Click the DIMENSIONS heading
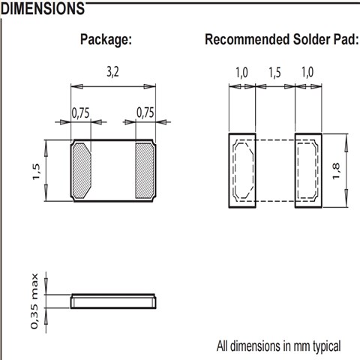43,8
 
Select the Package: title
106,40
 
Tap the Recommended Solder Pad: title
282,40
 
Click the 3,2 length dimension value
113,73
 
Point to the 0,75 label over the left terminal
80,113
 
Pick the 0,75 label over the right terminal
145,112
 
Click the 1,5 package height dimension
36,172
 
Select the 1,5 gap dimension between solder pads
274,73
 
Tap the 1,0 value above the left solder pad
241,73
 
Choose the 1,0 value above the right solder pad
307,73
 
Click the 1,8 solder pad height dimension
336,171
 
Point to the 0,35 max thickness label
34,301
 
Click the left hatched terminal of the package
82,170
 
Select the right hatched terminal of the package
145,171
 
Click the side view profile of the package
113,301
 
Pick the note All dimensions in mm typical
278,346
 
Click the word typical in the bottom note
327,347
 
